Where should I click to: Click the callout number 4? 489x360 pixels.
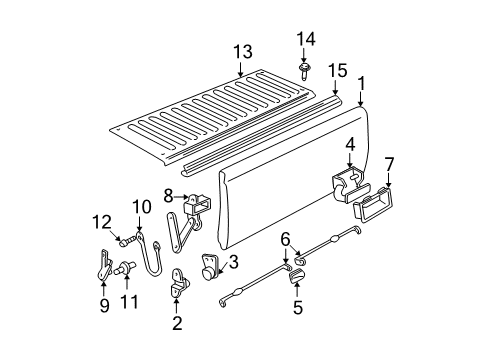[x=350, y=145]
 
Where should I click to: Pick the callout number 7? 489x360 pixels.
[x=389, y=163]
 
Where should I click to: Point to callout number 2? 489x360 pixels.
[x=178, y=323]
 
